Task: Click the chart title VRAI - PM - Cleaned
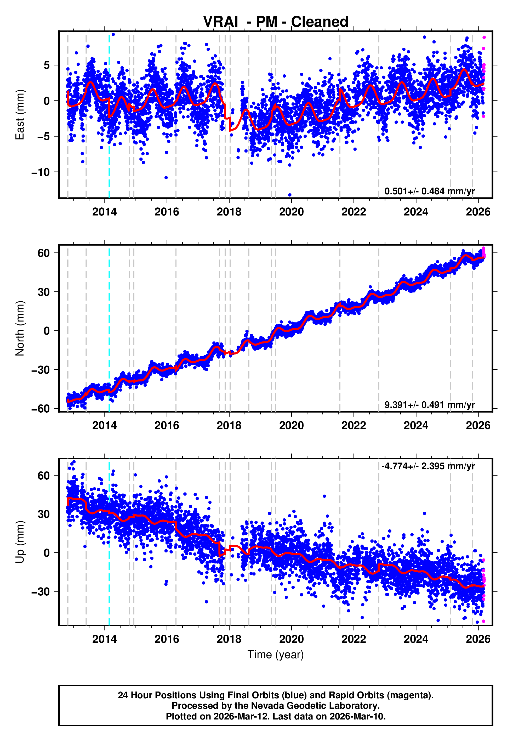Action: point(276,22)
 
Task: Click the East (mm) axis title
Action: point(20,115)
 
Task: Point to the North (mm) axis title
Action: point(20,328)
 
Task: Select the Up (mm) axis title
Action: point(20,542)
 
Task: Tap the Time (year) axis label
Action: point(276,655)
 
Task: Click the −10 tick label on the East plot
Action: point(41,172)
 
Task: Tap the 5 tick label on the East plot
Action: point(47,65)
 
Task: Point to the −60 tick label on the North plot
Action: point(41,409)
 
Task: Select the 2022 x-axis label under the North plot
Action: point(354,425)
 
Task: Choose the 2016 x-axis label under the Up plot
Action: point(167,639)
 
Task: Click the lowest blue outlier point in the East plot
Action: point(290,195)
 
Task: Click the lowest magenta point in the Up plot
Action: point(483,621)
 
